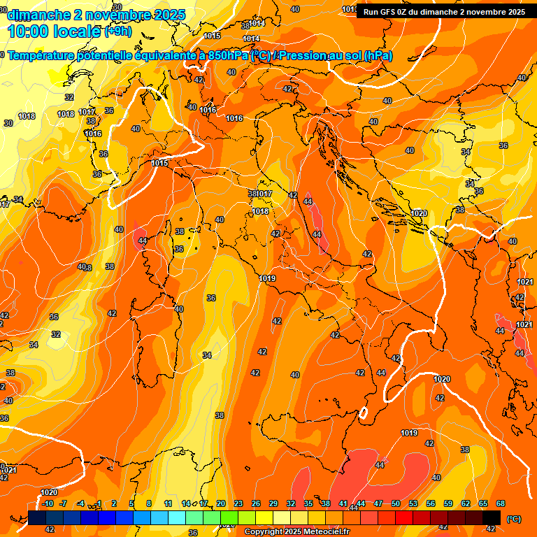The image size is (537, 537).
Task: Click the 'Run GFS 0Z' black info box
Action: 445,11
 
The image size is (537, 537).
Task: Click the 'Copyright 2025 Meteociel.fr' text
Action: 296,532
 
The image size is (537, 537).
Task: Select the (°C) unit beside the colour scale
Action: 513,519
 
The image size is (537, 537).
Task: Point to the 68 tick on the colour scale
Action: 501,503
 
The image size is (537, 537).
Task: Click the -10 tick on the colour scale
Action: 47,503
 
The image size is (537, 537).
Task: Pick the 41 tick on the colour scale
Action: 343,503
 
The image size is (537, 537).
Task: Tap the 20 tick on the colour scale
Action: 220,503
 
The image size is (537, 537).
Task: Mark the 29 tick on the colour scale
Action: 273,503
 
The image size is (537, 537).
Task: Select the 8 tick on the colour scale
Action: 149,503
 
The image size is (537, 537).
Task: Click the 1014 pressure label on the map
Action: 251,38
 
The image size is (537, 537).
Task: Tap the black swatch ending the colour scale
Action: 492,518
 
